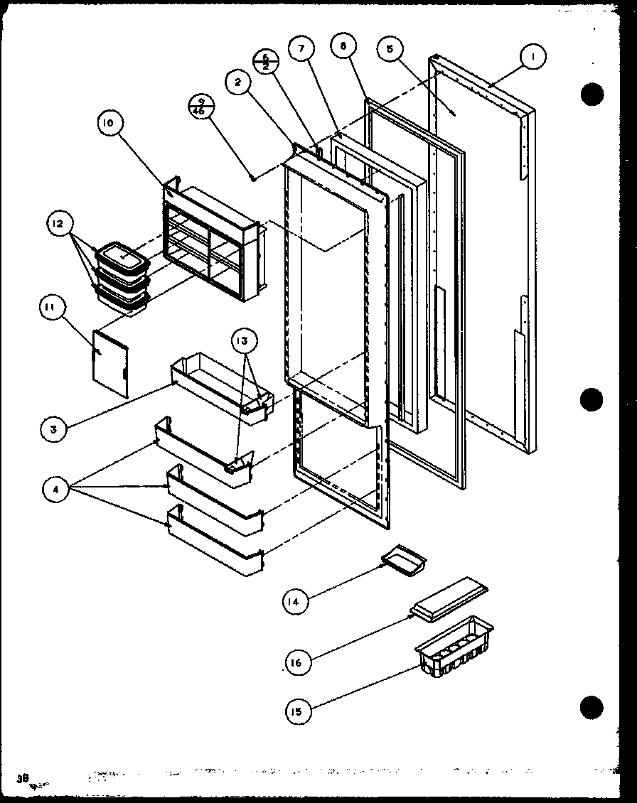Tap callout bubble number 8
coord(343,46)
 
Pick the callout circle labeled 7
coord(301,49)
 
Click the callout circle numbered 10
coord(108,124)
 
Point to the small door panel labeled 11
coord(110,362)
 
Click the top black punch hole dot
coord(591,93)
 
